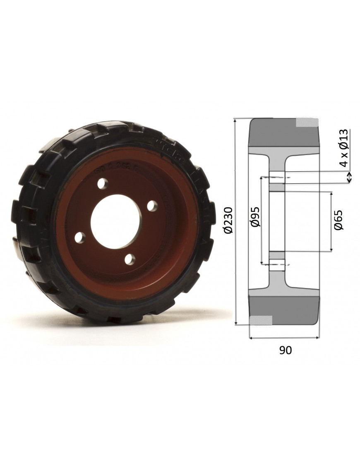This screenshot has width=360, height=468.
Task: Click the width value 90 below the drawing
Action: (286, 350)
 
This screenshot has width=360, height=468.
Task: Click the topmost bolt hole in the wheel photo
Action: (103, 183)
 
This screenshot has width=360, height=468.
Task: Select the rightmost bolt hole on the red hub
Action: (152, 205)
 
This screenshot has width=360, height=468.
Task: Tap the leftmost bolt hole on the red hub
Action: (80, 238)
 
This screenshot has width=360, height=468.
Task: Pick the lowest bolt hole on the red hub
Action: (130, 259)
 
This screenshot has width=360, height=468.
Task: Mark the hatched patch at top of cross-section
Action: (307, 122)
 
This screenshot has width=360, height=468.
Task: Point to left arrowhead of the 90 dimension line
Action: (251, 338)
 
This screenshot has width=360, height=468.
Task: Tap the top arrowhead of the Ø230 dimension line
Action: (235, 120)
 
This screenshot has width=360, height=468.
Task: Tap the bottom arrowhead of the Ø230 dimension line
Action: (235, 323)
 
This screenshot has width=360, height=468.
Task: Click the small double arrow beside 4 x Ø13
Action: (349, 178)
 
